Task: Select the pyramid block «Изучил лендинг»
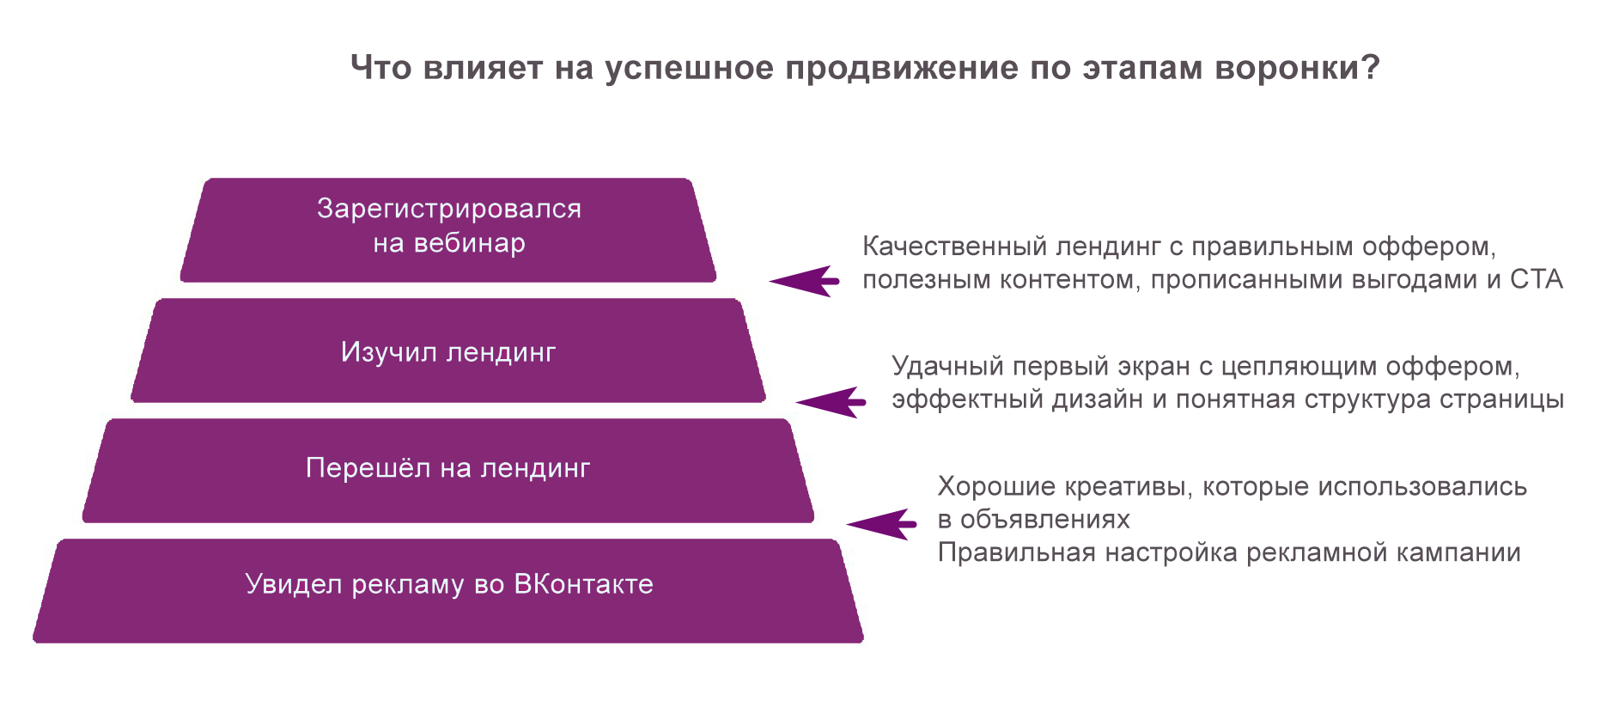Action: click(448, 350)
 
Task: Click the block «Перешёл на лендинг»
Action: click(448, 471)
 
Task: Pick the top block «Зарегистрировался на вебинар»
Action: click(448, 230)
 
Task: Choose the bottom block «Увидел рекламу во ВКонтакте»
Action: click(448, 591)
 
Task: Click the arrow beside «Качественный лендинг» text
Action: click(804, 281)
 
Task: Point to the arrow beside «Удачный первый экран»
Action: click(831, 402)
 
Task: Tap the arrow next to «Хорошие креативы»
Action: click(881, 524)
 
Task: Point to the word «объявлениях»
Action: click(1044, 520)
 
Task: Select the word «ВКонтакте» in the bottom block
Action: click(583, 584)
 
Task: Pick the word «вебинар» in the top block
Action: click(469, 243)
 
